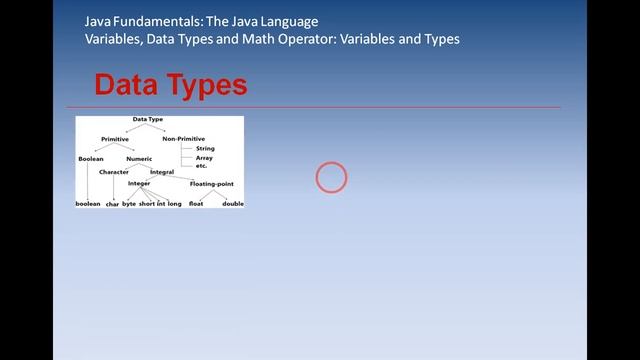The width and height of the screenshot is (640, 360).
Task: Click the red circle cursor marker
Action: [331, 178]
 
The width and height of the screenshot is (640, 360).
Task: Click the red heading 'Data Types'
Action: [170, 85]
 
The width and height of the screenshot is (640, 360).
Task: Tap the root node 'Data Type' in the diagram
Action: [148, 119]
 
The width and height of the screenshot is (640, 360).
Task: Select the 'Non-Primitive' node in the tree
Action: [184, 138]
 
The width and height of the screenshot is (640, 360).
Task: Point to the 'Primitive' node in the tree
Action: [115, 138]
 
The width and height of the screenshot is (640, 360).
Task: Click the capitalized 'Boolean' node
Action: [91, 159]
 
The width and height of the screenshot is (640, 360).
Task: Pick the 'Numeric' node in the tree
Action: [139, 159]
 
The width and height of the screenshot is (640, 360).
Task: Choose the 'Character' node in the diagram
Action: [114, 172]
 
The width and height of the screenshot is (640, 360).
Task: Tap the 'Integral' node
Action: [162, 172]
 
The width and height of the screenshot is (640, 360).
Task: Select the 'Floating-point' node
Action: [211, 184]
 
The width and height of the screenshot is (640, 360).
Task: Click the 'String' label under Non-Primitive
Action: [205, 148]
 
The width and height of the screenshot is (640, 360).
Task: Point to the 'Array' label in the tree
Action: [204, 157]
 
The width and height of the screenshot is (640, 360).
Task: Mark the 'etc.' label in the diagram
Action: [201, 165]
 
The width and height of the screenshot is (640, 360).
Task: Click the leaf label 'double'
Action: [233, 203]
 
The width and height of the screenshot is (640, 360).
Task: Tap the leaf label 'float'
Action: [196, 203]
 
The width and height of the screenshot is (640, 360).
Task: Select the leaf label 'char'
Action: [112, 203]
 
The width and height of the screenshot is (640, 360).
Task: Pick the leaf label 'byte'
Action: [129, 203]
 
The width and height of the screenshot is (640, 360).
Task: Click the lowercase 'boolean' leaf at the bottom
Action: [88, 203]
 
